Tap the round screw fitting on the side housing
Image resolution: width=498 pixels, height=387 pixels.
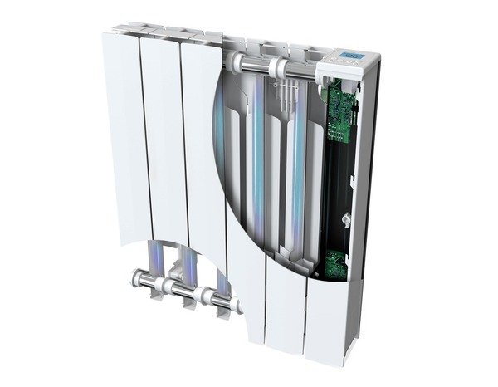point(349,219)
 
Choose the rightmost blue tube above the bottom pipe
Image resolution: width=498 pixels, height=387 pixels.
point(221,278)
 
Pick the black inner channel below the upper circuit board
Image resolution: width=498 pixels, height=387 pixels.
point(336,191)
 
